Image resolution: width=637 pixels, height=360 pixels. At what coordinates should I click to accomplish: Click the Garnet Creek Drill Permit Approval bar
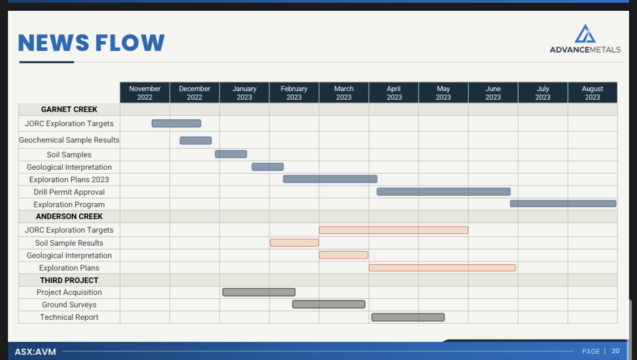(443, 192)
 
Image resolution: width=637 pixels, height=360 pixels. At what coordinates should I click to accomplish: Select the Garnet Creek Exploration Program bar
(563, 204)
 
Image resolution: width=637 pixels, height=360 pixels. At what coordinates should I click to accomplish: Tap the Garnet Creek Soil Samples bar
(231, 154)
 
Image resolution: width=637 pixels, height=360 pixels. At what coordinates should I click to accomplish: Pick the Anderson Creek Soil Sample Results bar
(294, 243)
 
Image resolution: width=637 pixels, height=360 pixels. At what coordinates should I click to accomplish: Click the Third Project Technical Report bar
(408, 318)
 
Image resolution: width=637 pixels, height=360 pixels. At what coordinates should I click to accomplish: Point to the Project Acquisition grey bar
(259, 292)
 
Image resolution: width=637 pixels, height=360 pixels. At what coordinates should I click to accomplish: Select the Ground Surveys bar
(328, 305)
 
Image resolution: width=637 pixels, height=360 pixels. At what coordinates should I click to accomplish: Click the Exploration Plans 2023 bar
(330, 179)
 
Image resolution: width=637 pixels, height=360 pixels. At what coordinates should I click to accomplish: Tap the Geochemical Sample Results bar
(196, 140)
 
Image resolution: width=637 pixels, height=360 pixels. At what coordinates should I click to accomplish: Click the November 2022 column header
(145, 93)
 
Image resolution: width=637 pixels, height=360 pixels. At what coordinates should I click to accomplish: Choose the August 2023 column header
(592, 93)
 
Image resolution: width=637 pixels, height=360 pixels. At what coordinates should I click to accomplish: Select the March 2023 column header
(344, 93)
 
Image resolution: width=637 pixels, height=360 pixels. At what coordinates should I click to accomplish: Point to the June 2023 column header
(493, 93)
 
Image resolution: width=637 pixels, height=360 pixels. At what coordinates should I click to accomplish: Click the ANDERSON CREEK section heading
(69, 217)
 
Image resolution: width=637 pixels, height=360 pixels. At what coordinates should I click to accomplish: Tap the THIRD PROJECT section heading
(69, 280)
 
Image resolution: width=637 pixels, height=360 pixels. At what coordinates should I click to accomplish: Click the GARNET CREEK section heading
(69, 110)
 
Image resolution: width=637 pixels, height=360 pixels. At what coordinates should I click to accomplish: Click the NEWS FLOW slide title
(91, 42)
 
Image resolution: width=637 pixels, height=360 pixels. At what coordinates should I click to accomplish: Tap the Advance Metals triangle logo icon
(585, 34)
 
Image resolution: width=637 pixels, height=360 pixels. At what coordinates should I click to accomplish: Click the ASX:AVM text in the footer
(35, 352)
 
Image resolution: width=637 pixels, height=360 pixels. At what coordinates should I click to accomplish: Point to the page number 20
(615, 351)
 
